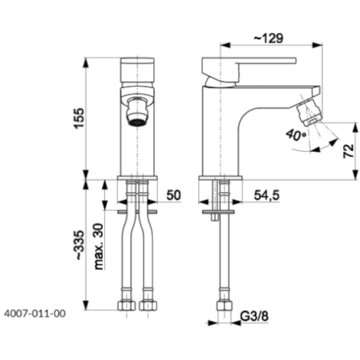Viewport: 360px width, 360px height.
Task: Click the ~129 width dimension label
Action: [x=268, y=38]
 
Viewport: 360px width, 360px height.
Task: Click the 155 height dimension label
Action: [x=79, y=118]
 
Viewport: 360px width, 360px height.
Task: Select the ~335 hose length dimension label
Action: [x=80, y=245]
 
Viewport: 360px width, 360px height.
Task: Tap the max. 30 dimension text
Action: [x=99, y=247]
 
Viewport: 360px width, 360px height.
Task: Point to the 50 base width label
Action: [x=174, y=195]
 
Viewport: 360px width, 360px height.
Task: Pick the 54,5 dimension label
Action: [x=267, y=195]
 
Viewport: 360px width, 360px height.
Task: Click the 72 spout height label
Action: [x=349, y=151]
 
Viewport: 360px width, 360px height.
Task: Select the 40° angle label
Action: [x=296, y=136]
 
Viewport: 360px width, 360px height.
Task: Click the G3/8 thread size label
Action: [x=254, y=316]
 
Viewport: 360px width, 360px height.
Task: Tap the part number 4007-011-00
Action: [x=34, y=313]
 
